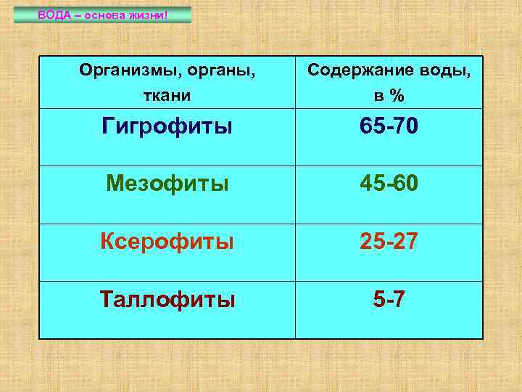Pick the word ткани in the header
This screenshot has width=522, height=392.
(x=167, y=95)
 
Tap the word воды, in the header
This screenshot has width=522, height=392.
(x=443, y=70)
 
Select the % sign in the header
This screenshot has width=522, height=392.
(x=396, y=96)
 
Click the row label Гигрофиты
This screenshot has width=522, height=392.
(x=167, y=126)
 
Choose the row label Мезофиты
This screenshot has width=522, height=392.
(x=167, y=184)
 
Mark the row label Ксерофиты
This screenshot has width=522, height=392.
(x=167, y=241)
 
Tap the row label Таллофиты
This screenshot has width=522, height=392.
(x=167, y=298)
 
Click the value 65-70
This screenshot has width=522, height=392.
(x=389, y=126)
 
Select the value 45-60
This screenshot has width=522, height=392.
(x=389, y=184)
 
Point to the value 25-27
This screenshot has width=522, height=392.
(x=389, y=241)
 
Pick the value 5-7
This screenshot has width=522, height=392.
(x=389, y=298)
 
